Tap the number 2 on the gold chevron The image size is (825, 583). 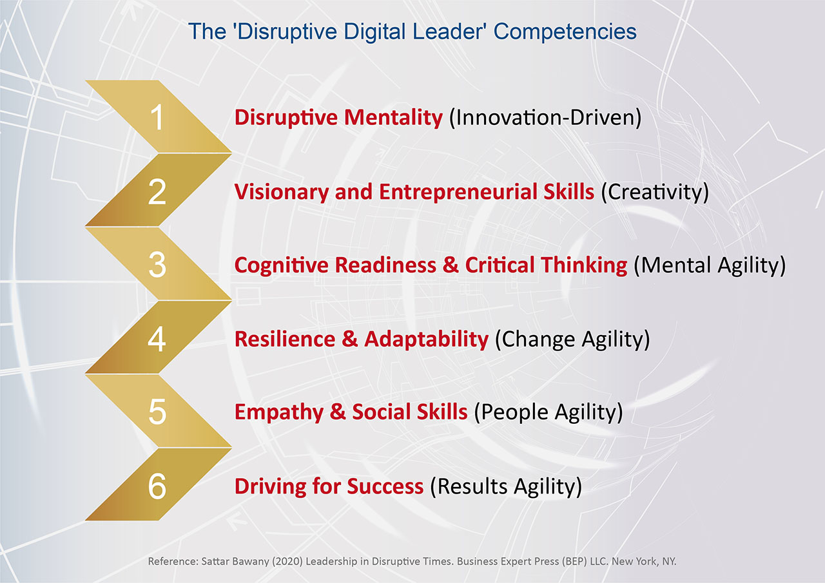click(x=157, y=192)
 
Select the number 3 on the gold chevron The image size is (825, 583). click(x=157, y=265)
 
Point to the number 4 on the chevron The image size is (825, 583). click(x=157, y=339)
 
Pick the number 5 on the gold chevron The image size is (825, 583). click(x=157, y=412)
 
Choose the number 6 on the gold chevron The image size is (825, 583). click(x=157, y=486)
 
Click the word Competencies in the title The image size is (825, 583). click(x=565, y=32)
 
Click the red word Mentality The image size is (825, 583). click(x=393, y=118)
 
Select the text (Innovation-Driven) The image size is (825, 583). click(x=545, y=118)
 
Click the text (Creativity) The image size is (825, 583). click(x=655, y=192)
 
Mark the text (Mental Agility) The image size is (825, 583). click(x=710, y=266)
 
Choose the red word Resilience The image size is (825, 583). click(x=285, y=339)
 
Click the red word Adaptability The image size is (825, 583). click(x=426, y=339)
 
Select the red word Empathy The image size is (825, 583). click(x=279, y=412)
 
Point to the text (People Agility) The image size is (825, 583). click(x=548, y=412)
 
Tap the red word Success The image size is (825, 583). click(x=385, y=486)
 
